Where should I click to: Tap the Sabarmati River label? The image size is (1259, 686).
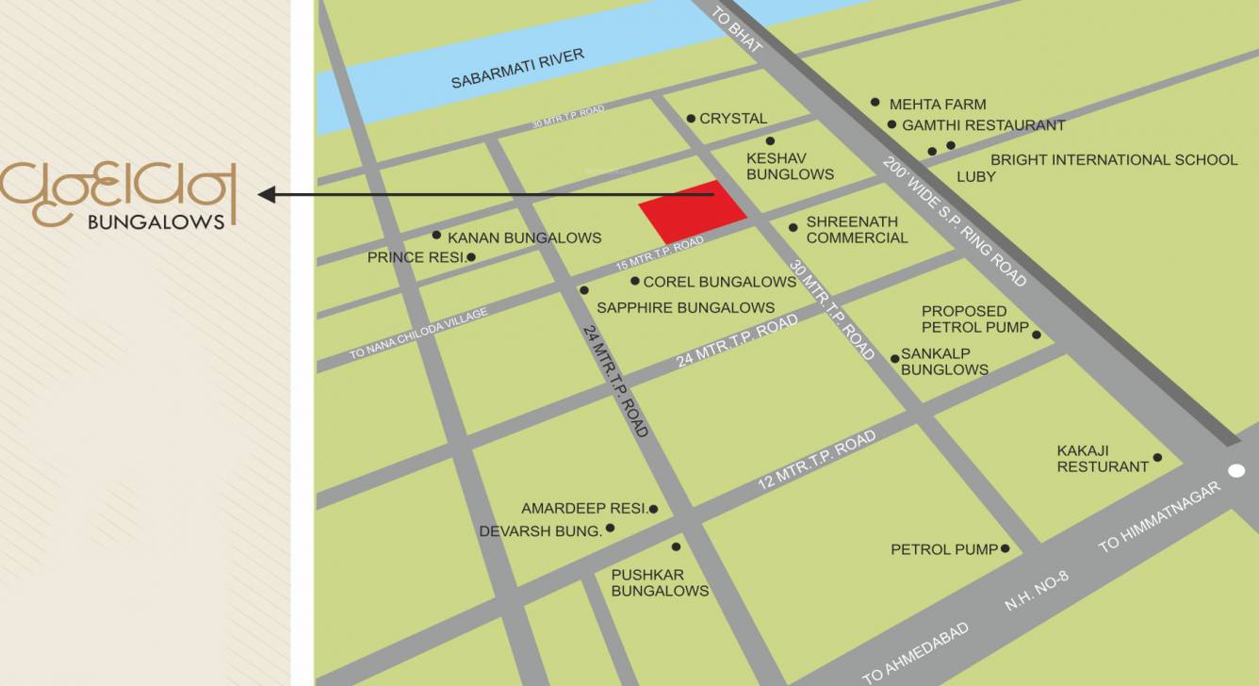[517, 69]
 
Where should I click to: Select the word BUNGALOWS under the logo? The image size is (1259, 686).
[155, 222]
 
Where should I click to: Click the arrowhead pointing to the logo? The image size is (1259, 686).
[267, 195]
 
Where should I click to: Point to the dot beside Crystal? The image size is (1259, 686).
[691, 119]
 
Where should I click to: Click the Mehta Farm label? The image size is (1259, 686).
[937, 105]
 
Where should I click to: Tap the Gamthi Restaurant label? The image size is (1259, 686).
[983, 125]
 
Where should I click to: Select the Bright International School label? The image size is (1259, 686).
[1113, 160]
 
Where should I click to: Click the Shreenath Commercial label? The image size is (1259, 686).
[857, 230]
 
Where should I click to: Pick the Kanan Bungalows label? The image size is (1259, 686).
[524, 238]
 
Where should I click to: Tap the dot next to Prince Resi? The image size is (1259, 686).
[471, 257]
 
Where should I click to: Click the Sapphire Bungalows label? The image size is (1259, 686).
[685, 308]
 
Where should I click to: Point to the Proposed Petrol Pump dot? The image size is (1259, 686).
[1037, 335]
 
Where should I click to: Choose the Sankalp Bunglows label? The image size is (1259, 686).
[944, 362]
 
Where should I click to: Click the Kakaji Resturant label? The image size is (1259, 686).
[1103, 459]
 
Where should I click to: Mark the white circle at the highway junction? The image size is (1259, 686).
[1236, 471]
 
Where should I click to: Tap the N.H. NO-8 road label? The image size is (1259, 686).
[1037, 591]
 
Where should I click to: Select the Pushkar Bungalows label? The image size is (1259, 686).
[660, 582]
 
